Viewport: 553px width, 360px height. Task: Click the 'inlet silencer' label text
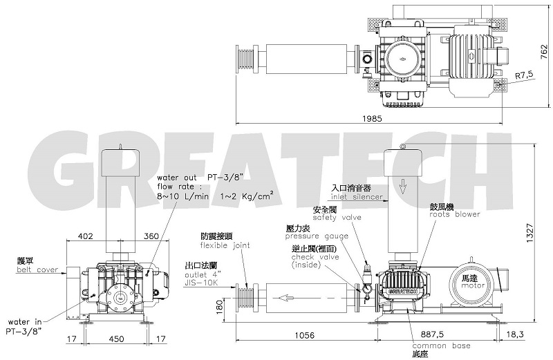tap(356, 197)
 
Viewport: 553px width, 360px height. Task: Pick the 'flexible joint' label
tap(221, 245)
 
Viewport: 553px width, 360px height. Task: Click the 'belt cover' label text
tap(38, 270)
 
